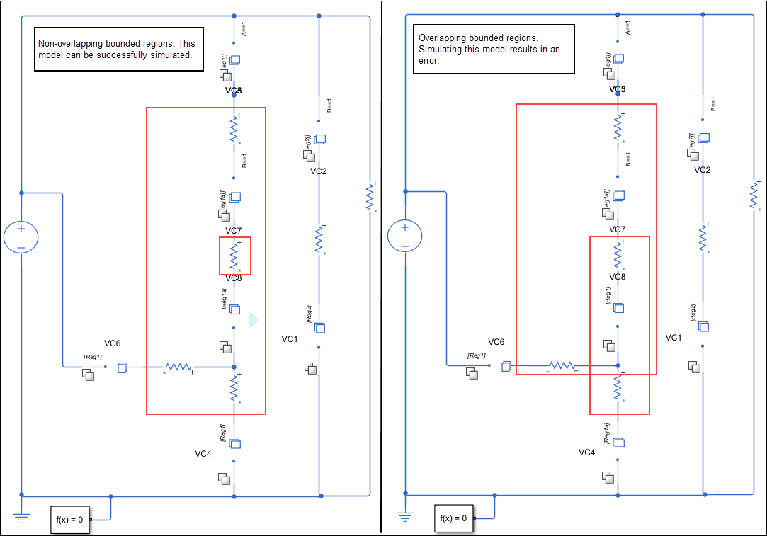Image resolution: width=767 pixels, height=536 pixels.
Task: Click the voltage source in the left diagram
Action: (x=21, y=238)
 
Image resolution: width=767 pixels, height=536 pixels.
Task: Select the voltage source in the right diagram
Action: (x=405, y=237)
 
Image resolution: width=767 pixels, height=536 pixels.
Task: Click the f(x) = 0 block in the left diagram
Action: (x=69, y=520)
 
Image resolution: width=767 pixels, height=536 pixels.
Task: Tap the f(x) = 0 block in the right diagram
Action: (x=453, y=518)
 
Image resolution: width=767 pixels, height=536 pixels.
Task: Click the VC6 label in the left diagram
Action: (x=113, y=343)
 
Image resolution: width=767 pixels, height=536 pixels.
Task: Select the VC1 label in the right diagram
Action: (x=674, y=338)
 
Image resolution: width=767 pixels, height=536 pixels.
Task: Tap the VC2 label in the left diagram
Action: (x=319, y=171)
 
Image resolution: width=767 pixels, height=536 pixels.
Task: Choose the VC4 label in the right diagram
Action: (x=587, y=452)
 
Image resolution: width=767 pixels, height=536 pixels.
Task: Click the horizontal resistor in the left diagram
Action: (x=178, y=367)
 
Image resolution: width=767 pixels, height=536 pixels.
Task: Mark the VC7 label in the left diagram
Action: (x=234, y=231)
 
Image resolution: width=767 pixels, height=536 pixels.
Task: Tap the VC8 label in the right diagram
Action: (x=618, y=277)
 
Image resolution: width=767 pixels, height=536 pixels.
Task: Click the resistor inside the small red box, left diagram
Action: (x=234, y=255)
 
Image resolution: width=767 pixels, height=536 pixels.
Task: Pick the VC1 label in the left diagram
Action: (x=290, y=339)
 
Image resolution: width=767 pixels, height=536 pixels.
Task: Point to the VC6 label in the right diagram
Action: (x=496, y=342)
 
